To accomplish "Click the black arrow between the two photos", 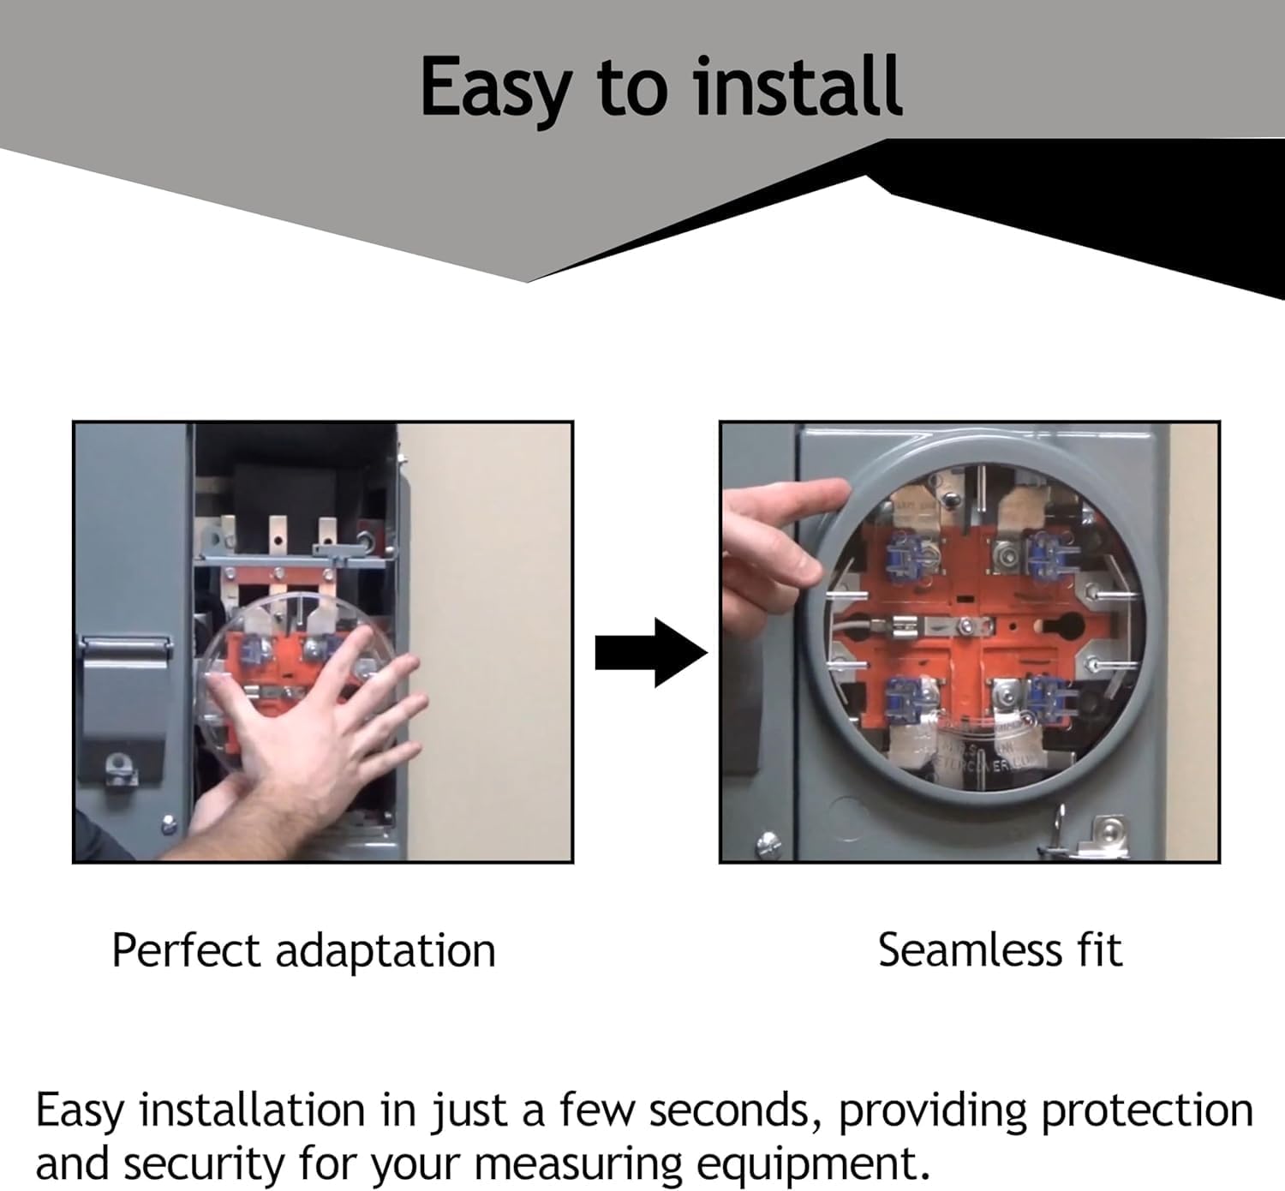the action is coord(651,652).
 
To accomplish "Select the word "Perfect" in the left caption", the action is coord(187,951).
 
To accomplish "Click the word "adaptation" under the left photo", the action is coord(385,952).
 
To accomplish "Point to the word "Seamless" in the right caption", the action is coord(970,950).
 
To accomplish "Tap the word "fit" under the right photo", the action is coord(1100,950).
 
